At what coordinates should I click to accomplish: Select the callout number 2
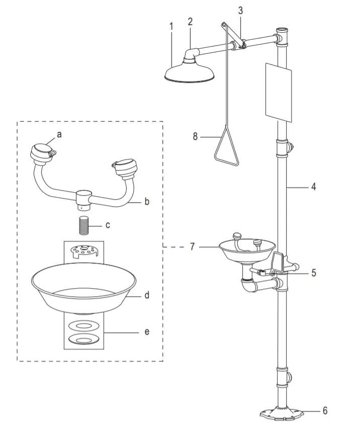click(190, 21)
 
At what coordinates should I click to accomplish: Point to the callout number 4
click(313, 187)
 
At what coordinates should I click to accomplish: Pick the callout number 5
click(313, 274)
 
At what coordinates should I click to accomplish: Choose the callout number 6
click(324, 411)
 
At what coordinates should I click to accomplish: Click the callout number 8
click(196, 136)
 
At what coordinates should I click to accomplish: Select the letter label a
click(59, 134)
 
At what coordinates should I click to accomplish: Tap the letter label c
click(108, 225)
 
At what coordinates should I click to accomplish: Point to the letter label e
click(146, 332)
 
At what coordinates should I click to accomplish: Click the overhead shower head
click(191, 73)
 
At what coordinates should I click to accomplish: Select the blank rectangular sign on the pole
click(277, 91)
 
